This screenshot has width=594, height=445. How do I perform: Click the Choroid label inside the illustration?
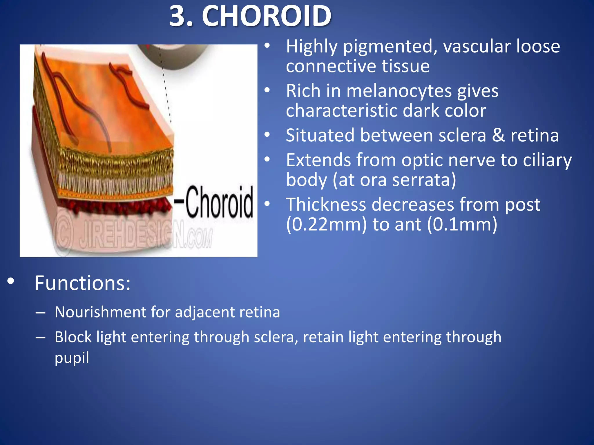click(219, 202)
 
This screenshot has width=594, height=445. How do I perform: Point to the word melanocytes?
click(399, 91)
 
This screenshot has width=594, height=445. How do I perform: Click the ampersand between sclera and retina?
click(498, 135)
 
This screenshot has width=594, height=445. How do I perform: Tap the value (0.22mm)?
click(326, 224)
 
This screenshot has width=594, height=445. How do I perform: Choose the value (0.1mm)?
click(462, 224)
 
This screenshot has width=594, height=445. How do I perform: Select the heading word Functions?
click(83, 283)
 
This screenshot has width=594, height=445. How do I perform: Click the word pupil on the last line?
click(72, 358)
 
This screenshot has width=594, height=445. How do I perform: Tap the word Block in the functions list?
click(73, 337)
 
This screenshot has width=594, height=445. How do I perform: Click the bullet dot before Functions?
click(11, 281)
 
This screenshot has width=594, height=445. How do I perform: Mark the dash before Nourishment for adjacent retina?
click(40, 313)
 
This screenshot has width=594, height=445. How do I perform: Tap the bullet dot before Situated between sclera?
click(267, 135)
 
